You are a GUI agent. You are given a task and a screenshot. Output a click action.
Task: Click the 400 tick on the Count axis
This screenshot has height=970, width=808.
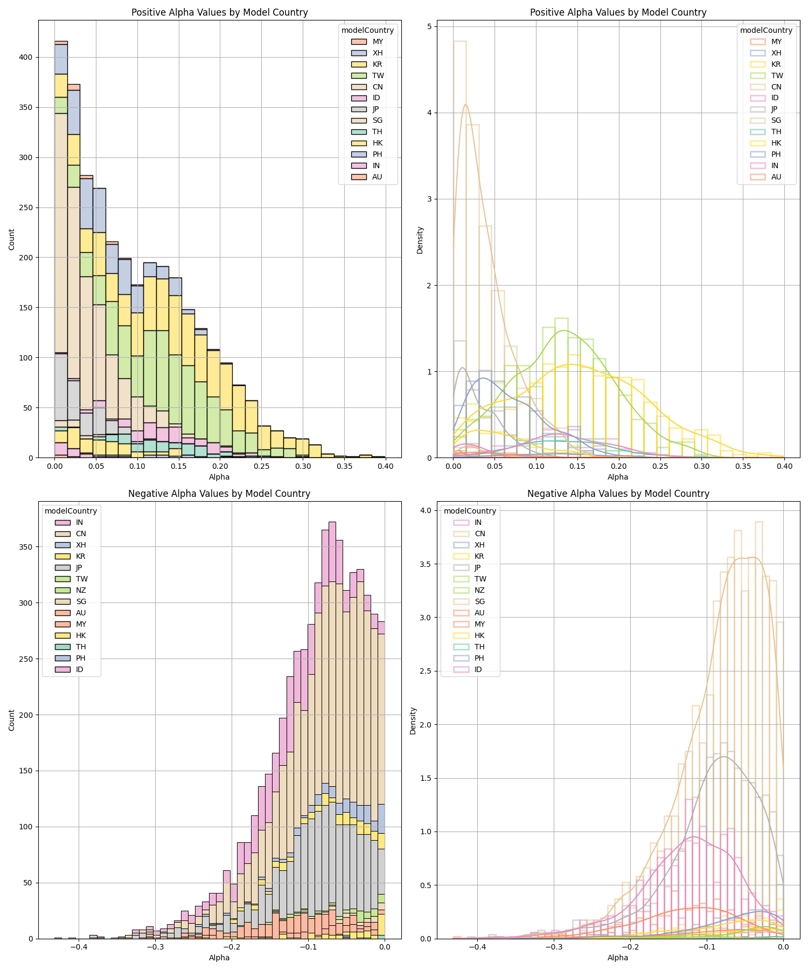(27, 57)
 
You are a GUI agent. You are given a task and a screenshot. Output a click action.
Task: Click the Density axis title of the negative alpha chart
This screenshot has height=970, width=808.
(413, 720)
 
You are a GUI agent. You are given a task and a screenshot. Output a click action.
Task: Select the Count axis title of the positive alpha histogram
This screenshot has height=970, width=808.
(12, 239)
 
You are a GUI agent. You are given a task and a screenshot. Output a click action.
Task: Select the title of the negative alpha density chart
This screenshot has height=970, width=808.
(618, 494)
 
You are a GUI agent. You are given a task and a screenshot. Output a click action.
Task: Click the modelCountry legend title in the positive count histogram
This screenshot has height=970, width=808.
(368, 30)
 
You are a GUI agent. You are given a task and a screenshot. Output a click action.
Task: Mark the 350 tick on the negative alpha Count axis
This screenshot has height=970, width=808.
(27, 547)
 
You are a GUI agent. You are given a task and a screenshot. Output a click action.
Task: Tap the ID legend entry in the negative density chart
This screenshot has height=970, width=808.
(468, 669)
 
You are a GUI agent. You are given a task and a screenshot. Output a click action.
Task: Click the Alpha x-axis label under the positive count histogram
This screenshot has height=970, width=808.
(219, 477)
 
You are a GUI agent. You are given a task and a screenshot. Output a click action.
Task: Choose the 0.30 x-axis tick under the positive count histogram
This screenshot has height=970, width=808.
(303, 466)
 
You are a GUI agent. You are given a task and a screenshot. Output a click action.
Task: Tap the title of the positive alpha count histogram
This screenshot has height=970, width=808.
(220, 12)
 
